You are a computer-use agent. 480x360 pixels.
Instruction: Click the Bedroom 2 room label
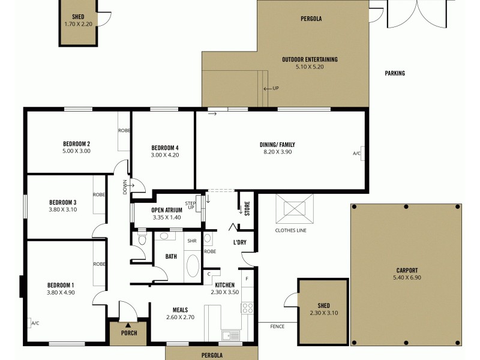[x=76, y=143]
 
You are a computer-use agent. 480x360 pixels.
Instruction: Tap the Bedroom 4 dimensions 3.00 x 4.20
[x=165, y=155]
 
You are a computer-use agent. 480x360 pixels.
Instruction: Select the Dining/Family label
[x=277, y=145]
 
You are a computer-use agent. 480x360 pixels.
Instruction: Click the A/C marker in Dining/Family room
[x=357, y=154]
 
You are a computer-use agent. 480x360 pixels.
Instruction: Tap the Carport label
[x=407, y=270]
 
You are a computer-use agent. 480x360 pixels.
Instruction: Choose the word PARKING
[x=395, y=73]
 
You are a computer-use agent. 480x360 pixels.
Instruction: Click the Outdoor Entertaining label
[x=310, y=59]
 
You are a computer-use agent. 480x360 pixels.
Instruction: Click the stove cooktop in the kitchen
[x=247, y=308]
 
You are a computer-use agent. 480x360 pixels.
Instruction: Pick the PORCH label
[x=128, y=334]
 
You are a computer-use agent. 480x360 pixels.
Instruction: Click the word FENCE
[x=277, y=326]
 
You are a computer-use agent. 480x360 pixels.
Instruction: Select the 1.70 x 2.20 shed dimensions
[x=77, y=24]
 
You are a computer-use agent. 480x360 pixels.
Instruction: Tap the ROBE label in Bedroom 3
[x=99, y=194]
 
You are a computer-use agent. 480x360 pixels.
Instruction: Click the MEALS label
[x=180, y=310]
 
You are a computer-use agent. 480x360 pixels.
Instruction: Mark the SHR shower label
[x=192, y=241]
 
